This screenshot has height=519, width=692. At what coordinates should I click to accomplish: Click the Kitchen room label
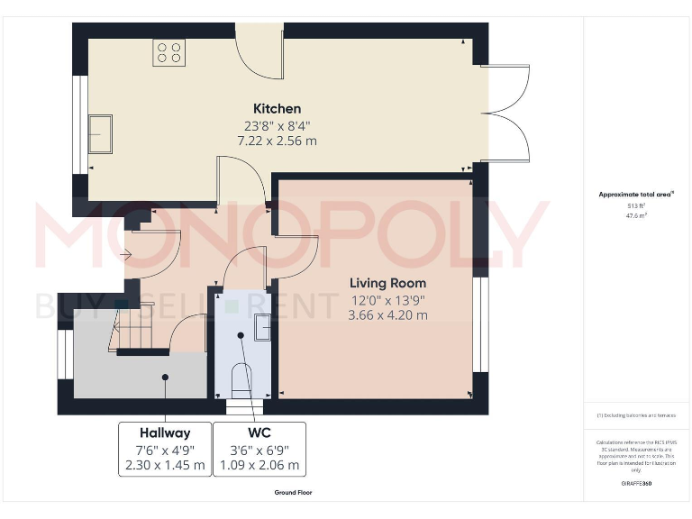click(x=277, y=109)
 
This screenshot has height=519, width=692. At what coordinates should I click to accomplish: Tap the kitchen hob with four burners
click(x=168, y=51)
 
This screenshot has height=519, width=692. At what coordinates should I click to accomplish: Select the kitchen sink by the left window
click(x=99, y=133)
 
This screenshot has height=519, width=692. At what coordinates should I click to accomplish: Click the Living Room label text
click(x=387, y=283)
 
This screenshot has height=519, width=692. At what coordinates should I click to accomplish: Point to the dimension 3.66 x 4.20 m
click(x=387, y=314)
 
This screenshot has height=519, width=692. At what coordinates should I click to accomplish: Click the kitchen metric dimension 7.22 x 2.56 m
click(x=277, y=141)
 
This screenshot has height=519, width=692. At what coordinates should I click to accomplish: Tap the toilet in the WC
click(x=242, y=379)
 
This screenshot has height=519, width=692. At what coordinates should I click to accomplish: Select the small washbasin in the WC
click(x=261, y=327)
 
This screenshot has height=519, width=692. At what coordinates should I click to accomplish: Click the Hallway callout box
click(x=165, y=449)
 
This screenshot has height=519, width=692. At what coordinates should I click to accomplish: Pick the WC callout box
click(x=259, y=449)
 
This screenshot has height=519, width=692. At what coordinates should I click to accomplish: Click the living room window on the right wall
click(x=480, y=324)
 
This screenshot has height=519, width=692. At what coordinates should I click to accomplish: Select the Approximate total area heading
click(x=636, y=194)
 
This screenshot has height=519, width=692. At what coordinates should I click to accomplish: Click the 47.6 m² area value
click(x=636, y=215)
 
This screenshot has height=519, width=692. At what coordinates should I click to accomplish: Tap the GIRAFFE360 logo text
click(x=636, y=484)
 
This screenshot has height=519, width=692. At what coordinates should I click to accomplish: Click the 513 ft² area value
click(x=636, y=205)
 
